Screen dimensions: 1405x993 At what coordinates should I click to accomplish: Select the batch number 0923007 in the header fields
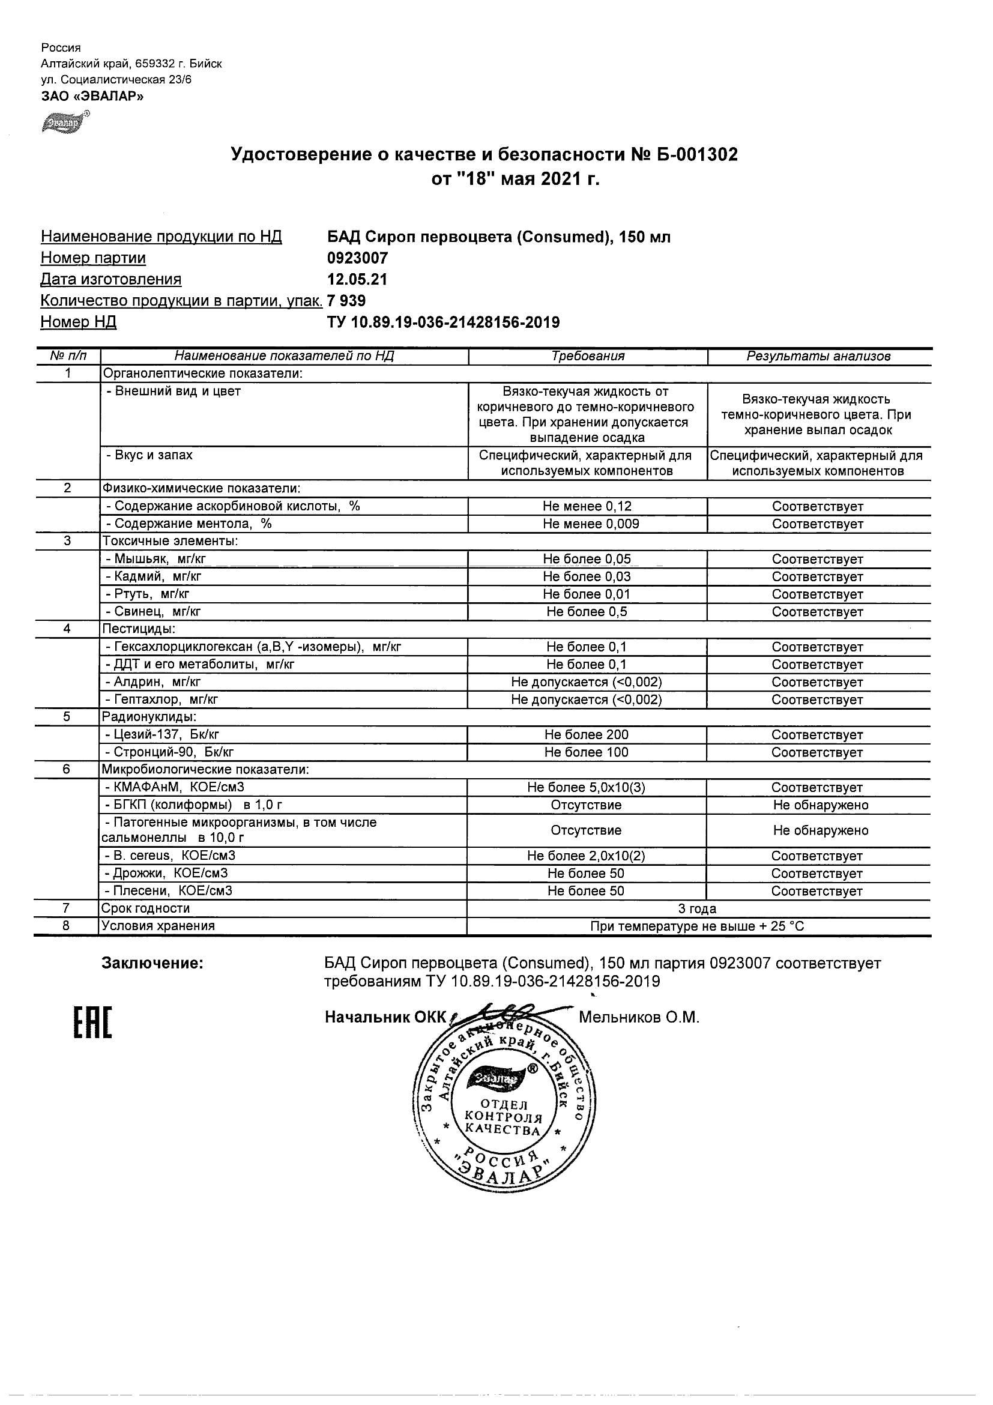358,258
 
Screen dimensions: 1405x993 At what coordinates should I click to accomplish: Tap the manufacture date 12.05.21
358,280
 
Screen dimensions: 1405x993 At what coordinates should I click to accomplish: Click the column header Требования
588,356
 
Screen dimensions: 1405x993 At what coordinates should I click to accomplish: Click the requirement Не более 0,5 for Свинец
587,612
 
